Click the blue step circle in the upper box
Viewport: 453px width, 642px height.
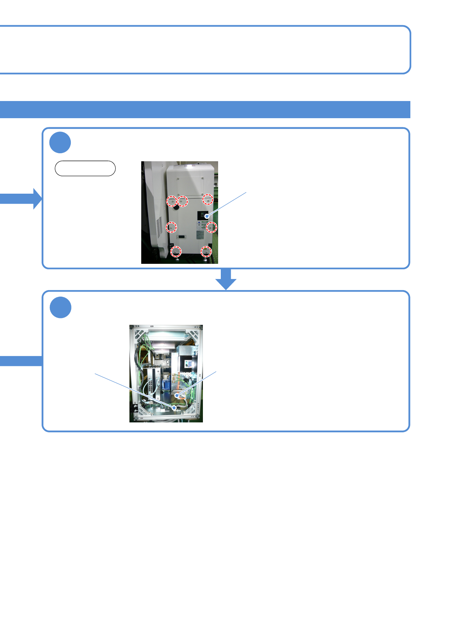(60, 143)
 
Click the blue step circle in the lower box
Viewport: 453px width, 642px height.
(61, 307)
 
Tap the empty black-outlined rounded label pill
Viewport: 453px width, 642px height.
(85, 168)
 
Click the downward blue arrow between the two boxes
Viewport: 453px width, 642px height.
(226, 279)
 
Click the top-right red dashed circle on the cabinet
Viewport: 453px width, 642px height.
(207, 199)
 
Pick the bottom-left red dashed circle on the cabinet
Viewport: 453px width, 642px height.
(175, 251)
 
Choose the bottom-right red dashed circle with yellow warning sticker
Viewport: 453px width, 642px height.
(206, 251)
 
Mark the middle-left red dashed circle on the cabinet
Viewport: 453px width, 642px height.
(171, 227)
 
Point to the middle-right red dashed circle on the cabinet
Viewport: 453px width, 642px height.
(212, 227)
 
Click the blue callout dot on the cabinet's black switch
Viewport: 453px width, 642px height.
(207, 216)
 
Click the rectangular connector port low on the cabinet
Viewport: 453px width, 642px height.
(181, 237)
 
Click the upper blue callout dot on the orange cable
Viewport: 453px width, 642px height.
(177, 396)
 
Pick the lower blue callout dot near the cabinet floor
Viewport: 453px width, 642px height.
(175, 408)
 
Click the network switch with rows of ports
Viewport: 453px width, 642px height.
(153, 381)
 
